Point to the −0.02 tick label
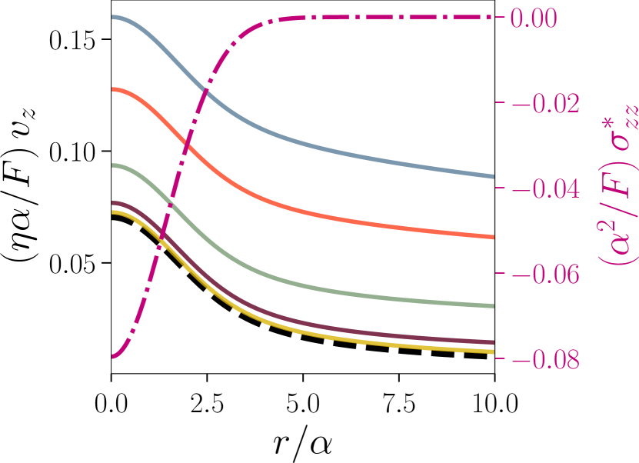click(545, 104)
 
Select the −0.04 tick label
click(545, 189)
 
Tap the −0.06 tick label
click(545, 275)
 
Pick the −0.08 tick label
click(545, 360)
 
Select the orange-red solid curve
click(346, 218)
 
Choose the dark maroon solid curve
click(346, 328)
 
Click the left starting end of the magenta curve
click(114, 356)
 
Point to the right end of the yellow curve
click(492, 351)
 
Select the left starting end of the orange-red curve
click(114, 89)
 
